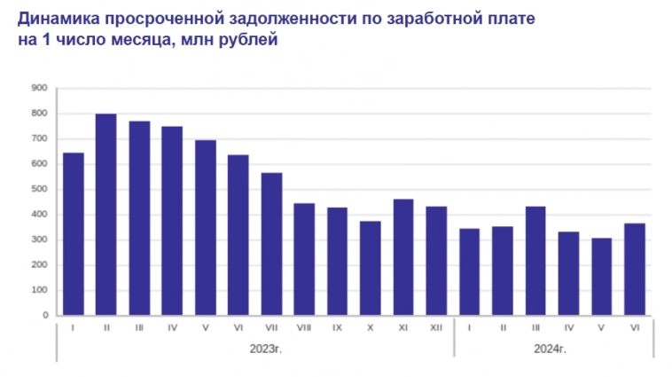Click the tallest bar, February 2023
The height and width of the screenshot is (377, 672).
[x=105, y=215]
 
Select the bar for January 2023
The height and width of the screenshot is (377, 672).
[x=73, y=234]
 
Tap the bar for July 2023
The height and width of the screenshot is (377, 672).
[x=271, y=244]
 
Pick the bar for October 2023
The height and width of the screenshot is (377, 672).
[x=371, y=268]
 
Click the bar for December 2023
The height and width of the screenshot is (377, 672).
[x=436, y=261]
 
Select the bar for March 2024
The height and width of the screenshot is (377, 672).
[x=535, y=261]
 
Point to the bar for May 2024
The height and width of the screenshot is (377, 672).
[x=602, y=277]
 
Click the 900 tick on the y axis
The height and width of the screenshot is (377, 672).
[x=38, y=88]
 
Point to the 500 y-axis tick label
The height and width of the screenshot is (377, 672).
[x=38, y=189]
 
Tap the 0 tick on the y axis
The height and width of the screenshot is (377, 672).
[x=43, y=315]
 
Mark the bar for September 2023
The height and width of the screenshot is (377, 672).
[x=337, y=261]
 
